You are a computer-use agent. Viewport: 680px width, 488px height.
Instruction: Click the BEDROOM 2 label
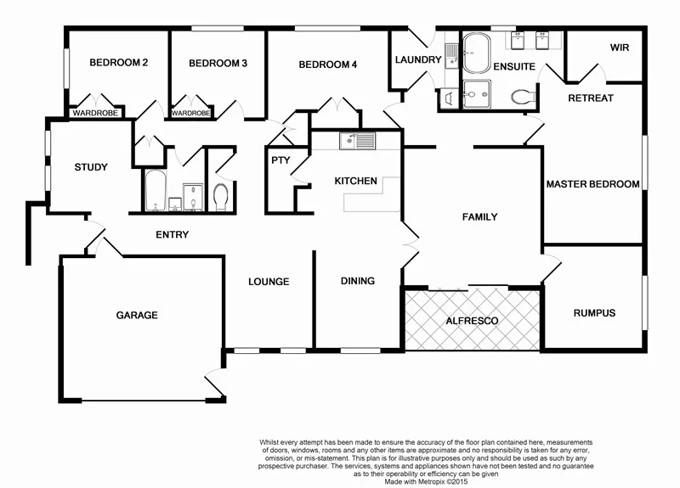pos(119,63)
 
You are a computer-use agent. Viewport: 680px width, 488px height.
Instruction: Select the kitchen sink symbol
pos(357,141)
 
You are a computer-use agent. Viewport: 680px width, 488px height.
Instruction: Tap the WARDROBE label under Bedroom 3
pos(191,113)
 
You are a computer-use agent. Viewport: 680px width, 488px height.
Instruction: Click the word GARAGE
pos(137,316)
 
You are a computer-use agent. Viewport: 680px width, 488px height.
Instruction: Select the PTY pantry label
pos(279,160)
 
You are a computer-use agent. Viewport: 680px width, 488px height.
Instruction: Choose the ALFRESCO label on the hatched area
pos(472,321)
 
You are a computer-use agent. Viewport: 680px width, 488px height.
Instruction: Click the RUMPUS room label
pos(594,313)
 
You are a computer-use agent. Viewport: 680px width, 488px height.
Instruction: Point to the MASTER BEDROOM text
pos(592,184)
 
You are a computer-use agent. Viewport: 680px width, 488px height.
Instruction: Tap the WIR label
pos(620,48)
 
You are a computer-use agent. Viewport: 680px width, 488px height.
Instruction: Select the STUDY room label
pos(90,167)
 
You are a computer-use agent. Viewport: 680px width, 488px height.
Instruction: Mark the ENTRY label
pos(172,235)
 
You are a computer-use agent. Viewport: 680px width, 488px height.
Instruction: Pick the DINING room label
pos(358,282)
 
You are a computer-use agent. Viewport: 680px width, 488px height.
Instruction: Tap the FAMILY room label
pos(479,217)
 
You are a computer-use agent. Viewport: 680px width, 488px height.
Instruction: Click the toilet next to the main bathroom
pos(221,197)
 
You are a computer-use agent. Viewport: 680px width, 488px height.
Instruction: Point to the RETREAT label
pos(590,98)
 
